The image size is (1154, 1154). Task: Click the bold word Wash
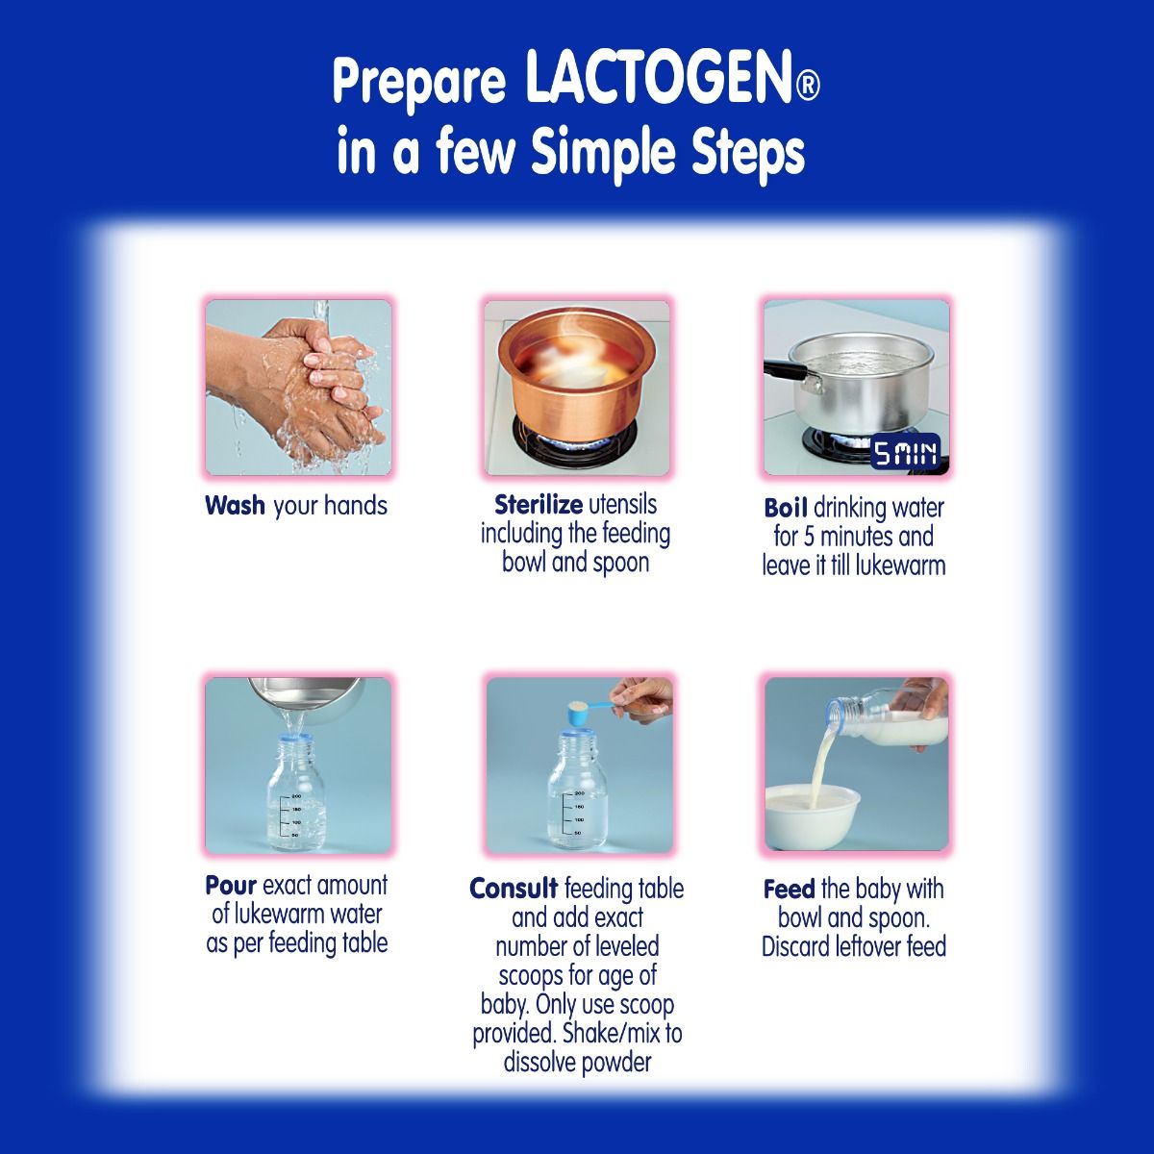[235, 506]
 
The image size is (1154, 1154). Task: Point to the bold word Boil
[786, 508]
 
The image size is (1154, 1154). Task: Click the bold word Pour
[231, 885]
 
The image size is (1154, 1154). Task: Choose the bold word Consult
[514, 889]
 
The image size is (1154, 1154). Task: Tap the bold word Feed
[789, 889]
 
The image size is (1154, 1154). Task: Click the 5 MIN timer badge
[905, 454]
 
